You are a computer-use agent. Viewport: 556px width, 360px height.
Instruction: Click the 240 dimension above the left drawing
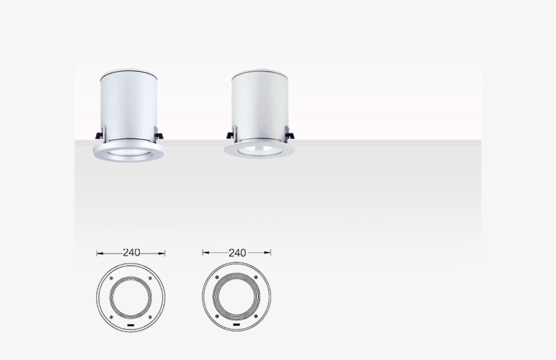point(131,252)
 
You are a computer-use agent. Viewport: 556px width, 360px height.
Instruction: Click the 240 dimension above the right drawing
point(237,252)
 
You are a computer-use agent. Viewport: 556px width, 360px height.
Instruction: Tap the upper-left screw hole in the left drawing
point(111,279)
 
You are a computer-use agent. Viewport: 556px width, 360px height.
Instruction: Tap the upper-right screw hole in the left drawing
point(150,279)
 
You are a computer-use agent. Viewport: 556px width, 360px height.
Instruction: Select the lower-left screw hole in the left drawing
point(111,317)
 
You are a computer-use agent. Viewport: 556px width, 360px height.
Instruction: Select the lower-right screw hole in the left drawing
point(150,317)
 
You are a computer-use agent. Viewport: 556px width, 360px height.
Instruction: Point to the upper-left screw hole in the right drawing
point(217,279)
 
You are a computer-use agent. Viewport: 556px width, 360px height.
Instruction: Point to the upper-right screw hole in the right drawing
point(256,279)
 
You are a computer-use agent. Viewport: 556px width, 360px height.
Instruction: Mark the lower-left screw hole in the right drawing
point(217,317)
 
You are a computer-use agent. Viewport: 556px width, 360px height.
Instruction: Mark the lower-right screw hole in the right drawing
point(256,317)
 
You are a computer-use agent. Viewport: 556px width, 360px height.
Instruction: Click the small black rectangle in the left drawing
point(130,326)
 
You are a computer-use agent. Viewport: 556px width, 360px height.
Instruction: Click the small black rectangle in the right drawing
point(236,326)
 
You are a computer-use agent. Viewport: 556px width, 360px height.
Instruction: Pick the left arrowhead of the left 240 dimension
point(99,254)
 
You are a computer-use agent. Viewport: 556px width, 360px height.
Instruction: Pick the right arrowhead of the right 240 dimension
point(269,254)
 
